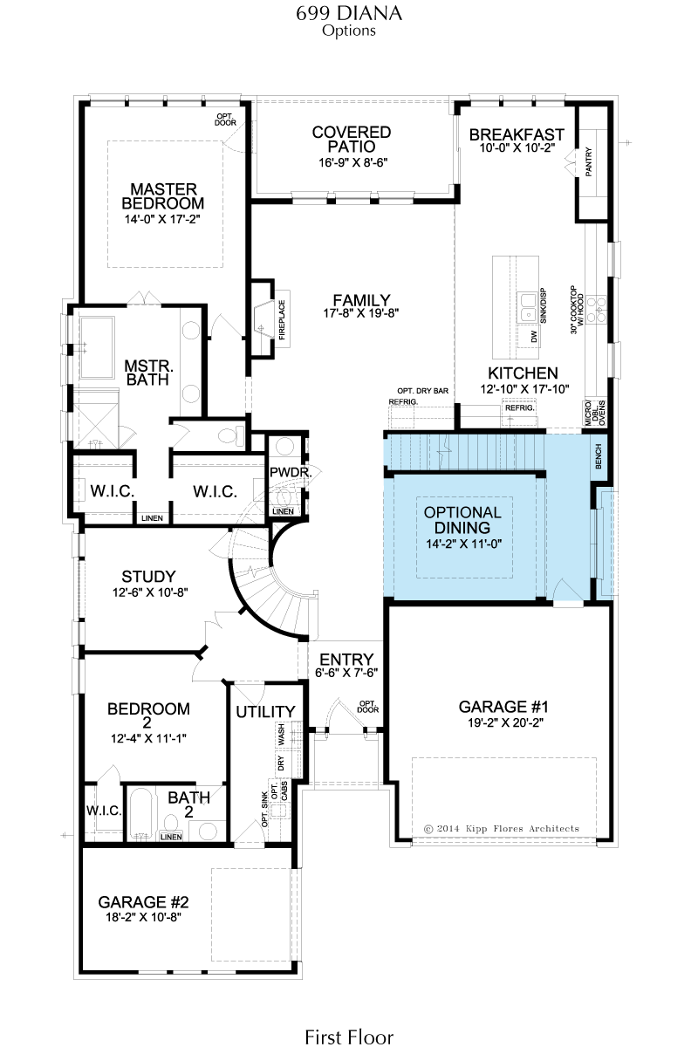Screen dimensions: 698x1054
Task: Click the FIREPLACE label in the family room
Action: tap(282, 320)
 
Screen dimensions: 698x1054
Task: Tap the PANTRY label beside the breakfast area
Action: tap(588, 162)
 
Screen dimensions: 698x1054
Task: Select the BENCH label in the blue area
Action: tap(599, 456)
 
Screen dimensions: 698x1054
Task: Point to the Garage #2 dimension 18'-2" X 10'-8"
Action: tap(144, 917)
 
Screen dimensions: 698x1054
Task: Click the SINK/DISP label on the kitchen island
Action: tap(544, 306)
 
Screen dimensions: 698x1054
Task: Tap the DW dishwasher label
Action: tap(534, 337)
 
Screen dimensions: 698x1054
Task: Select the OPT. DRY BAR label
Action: tap(422, 391)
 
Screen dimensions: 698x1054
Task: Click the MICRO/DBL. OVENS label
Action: tap(595, 413)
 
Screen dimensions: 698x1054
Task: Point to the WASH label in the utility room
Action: tap(281, 734)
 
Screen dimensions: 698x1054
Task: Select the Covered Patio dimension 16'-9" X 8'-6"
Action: tap(353, 163)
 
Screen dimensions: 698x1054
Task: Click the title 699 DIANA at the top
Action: tap(349, 13)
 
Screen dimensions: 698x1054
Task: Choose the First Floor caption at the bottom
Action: tap(349, 1037)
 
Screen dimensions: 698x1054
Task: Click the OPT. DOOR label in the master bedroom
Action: tap(225, 120)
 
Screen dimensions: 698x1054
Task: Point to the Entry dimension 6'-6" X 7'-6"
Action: tap(346, 673)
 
